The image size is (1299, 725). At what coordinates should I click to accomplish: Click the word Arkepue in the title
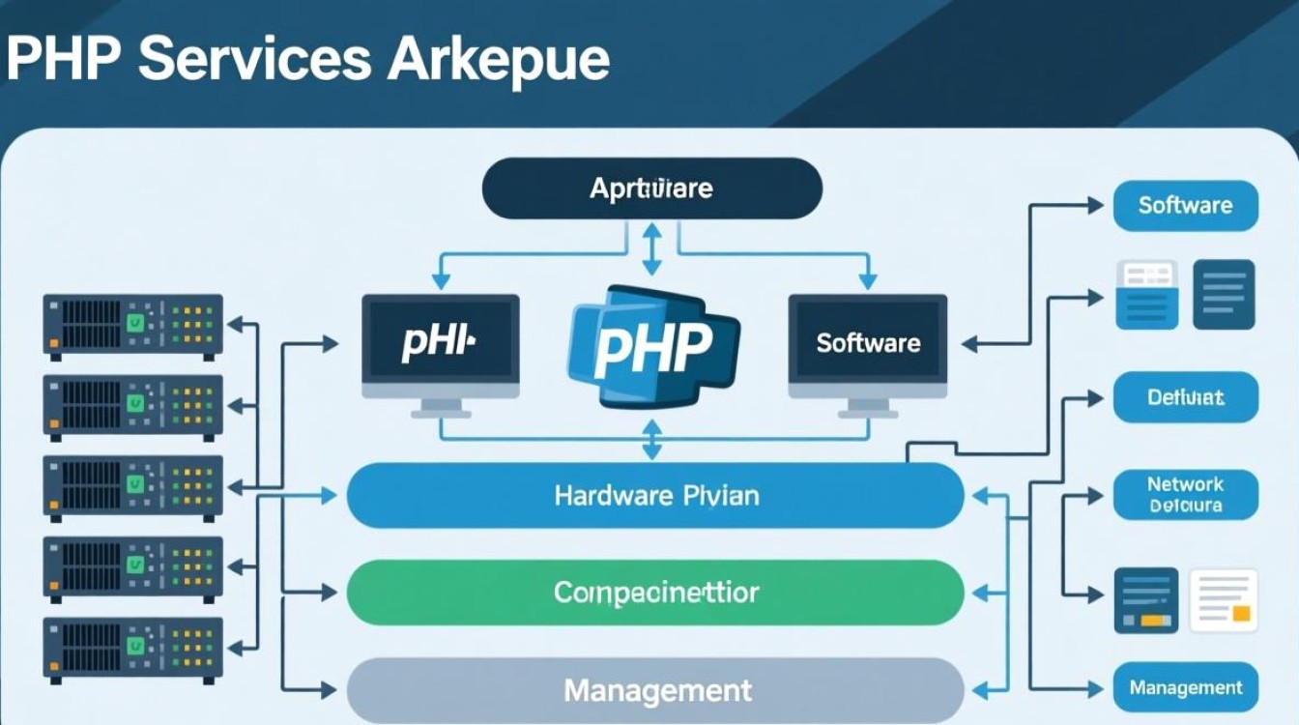point(498,61)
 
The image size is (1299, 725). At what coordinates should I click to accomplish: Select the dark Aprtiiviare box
point(651,188)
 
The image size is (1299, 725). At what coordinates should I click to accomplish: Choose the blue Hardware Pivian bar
point(655,496)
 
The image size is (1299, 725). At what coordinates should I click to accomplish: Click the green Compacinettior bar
point(655,593)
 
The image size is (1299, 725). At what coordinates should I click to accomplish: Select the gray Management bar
point(655,690)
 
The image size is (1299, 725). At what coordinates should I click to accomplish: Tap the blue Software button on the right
point(1185,205)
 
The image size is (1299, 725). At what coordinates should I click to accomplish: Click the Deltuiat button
point(1185,397)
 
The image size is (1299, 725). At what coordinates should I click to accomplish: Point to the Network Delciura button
point(1185,495)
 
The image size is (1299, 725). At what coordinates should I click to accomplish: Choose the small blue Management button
point(1185,688)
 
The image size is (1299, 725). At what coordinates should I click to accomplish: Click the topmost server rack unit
point(132,327)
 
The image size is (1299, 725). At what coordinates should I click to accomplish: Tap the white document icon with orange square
point(1224,600)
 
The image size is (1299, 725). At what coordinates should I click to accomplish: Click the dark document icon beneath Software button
point(1224,294)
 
